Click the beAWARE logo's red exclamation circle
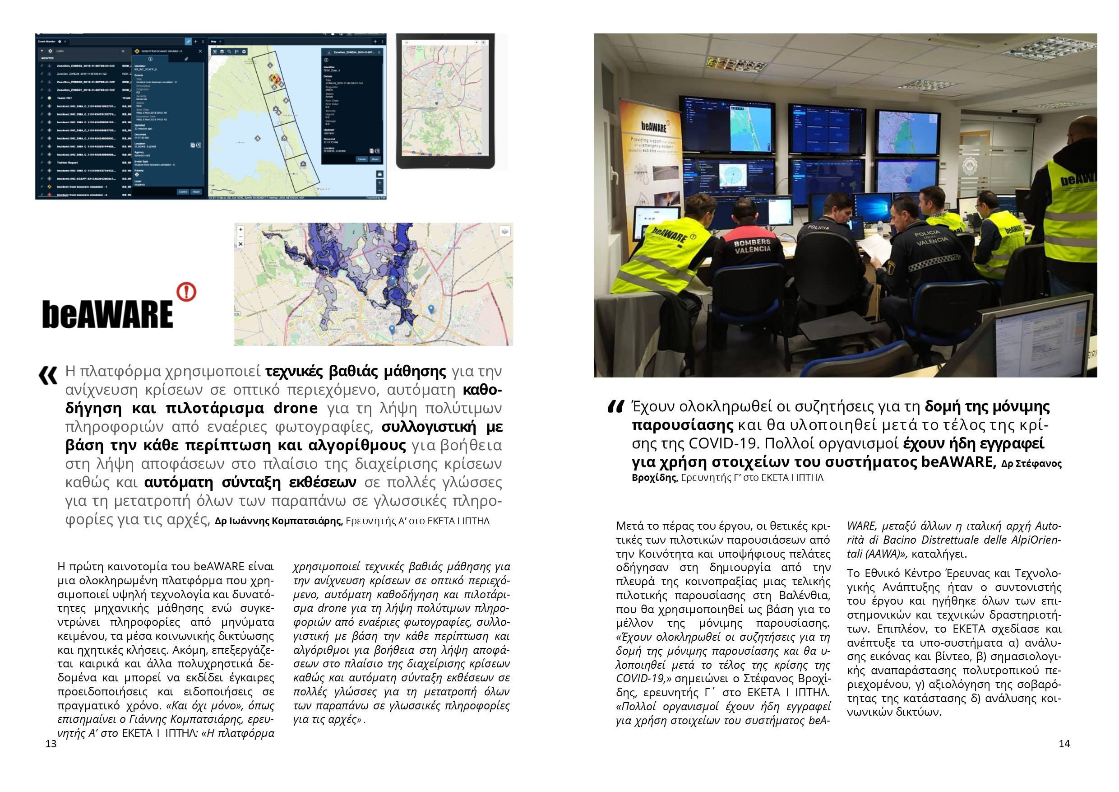pos(186,292)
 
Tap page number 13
pos(51,744)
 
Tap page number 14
pos(1064,744)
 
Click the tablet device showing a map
pos(445,101)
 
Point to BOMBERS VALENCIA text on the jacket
pos(753,246)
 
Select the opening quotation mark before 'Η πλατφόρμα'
pos(48,375)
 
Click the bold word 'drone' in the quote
pos(296,408)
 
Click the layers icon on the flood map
pos(505,231)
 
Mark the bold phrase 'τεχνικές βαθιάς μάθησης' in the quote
pos(355,372)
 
